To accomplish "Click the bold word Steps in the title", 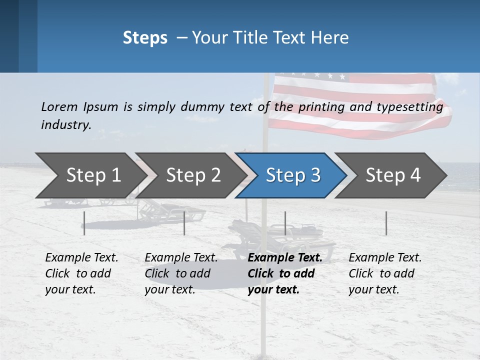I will click(x=145, y=38).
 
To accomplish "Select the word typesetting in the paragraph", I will click(x=413, y=107).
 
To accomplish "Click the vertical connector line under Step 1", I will click(x=84, y=223).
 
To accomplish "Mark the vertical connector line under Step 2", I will click(x=184, y=223).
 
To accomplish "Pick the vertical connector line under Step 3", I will click(x=285, y=223).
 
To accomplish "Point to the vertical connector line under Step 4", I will click(x=386, y=223).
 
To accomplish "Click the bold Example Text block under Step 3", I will click(x=284, y=273).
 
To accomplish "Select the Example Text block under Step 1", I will click(x=81, y=273).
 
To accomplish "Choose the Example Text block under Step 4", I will click(x=385, y=273).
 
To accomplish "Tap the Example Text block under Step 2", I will click(x=181, y=273).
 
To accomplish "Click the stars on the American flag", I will click(x=315, y=76).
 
